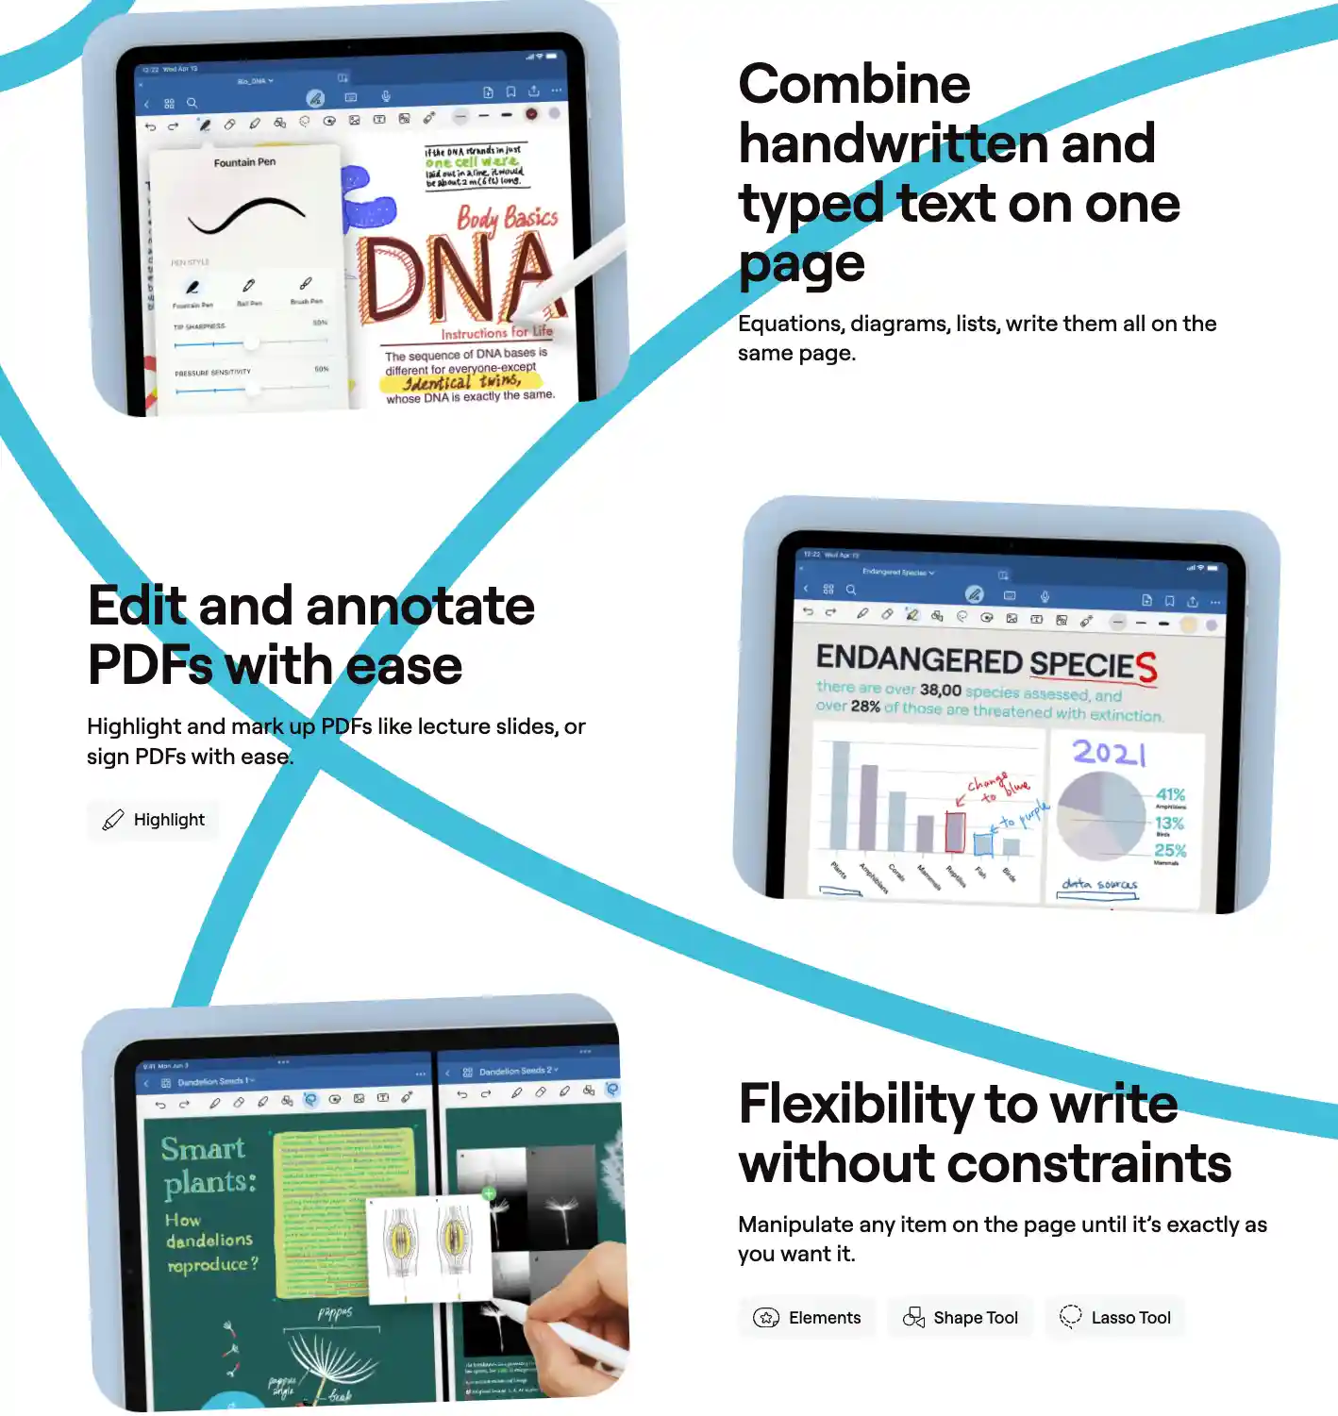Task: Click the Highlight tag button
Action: click(x=153, y=820)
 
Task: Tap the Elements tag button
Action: click(x=807, y=1318)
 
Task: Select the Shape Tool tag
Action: click(x=961, y=1318)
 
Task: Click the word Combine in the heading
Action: click(x=854, y=85)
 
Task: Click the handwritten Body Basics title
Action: click(x=507, y=218)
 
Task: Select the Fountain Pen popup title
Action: click(x=244, y=162)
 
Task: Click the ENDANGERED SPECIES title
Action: click(x=985, y=661)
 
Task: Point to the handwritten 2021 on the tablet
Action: click(x=1110, y=752)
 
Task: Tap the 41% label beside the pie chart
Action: click(x=1170, y=795)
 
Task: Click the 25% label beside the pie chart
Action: click(x=1170, y=850)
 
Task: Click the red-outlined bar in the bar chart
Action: click(x=955, y=831)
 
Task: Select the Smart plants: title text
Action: click(x=208, y=1165)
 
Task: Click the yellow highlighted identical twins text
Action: click(x=462, y=381)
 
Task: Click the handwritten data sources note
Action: click(x=1099, y=884)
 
